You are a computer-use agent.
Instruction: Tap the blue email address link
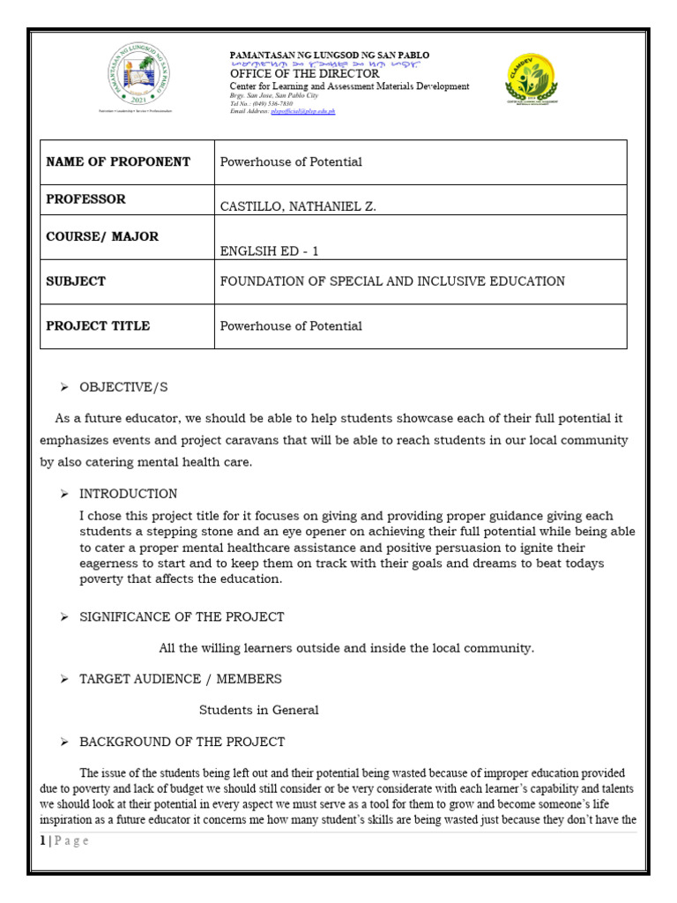(303, 112)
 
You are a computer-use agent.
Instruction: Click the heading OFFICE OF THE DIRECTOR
(304, 74)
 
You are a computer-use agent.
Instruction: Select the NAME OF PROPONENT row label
(118, 161)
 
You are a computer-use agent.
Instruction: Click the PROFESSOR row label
(86, 199)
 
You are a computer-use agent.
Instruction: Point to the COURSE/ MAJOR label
(102, 237)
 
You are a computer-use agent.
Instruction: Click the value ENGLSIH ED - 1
(269, 251)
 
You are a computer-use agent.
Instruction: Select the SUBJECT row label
(76, 281)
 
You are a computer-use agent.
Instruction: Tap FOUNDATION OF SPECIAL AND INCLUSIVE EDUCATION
(392, 281)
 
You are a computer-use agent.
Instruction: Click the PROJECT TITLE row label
(98, 326)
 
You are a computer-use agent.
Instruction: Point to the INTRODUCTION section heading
(129, 494)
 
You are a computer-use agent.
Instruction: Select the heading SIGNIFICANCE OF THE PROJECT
(182, 617)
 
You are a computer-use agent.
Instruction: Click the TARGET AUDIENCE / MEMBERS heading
(181, 679)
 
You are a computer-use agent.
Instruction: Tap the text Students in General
(258, 710)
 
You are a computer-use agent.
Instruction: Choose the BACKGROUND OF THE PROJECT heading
(182, 742)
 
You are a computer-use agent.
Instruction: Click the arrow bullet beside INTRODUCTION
(64, 494)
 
